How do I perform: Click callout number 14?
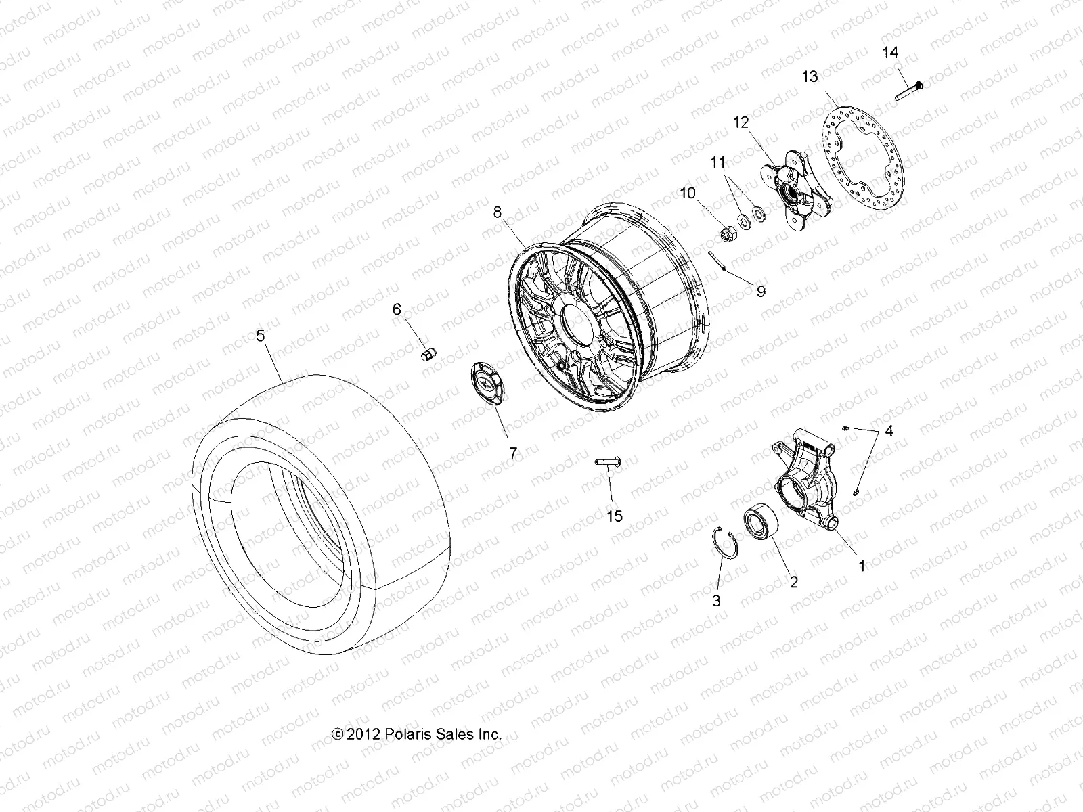coord(890,52)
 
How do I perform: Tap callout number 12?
coord(741,122)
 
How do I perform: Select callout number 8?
coord(498,212)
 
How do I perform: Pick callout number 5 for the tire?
coord(261,335)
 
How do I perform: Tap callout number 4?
coord(889,431)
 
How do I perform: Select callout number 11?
coord(717,162)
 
